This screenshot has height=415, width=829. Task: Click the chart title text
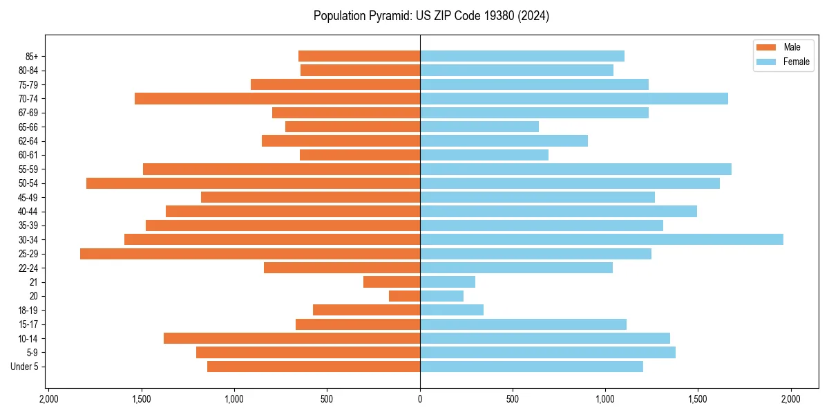pyautogui.click(x=431, y=16)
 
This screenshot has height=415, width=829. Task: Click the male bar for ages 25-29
pyautogui.click(x=250, y=254)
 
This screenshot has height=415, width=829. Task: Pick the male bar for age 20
pyautogui.click(x=404, y=296)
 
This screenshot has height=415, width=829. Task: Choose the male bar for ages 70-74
pyautogui.click(x=277, y=98)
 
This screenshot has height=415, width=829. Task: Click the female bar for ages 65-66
pyautogui.click(x=479, y=127)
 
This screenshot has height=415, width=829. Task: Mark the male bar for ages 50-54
pyautogui.click(x=253, y=183)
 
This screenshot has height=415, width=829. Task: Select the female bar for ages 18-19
pyautogui.click(x=452, y=310)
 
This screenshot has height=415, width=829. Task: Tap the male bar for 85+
pyautogui.click(x=359, y=56)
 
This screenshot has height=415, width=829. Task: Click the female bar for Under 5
pyautogui.click(x=531, y=367)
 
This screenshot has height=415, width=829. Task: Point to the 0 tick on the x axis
pyautogui.click(x=420, y=399)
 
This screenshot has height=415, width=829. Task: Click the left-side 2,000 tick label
pyautogui.click(x=48, y=399)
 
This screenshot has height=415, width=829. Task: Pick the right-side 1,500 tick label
pyautogui.click(x=698, y=399)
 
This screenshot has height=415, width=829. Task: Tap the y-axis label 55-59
pyautogui.click(x=28, y=169)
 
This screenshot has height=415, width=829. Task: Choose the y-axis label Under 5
pyautogui.click(x=24, y=367)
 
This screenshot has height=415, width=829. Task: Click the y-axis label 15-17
pyautogui.click(x=28, y=324)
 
